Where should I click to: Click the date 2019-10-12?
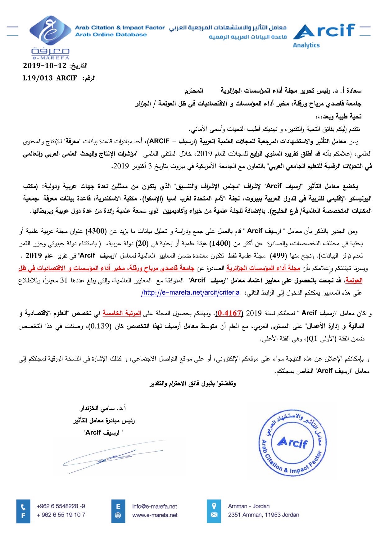tap(45, 66)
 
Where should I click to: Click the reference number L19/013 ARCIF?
tap(50, 78)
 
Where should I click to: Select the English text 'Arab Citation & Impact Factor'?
tap(120, 28)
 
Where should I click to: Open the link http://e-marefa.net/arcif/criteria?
tap(191, 292)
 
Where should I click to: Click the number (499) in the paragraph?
tap(279, 256)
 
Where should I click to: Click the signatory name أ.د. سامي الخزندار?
tap(103, 408)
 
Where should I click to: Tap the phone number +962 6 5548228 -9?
tap(61, 506)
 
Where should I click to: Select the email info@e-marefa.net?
tap(154, 506)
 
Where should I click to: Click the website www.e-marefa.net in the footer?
tap(155, 515)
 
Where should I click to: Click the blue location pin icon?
tap(214, 506)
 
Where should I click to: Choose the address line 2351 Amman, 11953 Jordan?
tap(263, 515)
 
